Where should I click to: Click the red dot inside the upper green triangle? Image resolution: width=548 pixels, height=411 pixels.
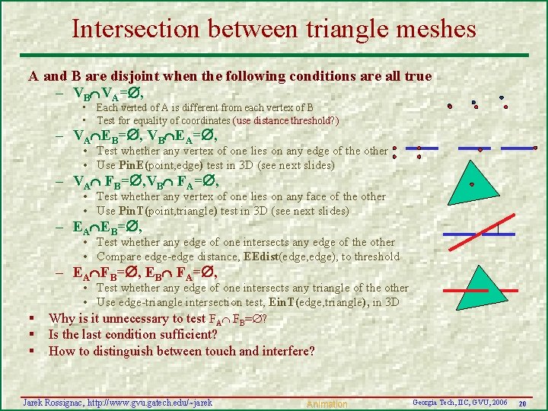tap(472, 184)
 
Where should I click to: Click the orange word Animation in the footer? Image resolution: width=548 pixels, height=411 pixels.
tap(327, 404)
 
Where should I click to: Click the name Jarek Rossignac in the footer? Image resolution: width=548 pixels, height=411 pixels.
tap(53, 401)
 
